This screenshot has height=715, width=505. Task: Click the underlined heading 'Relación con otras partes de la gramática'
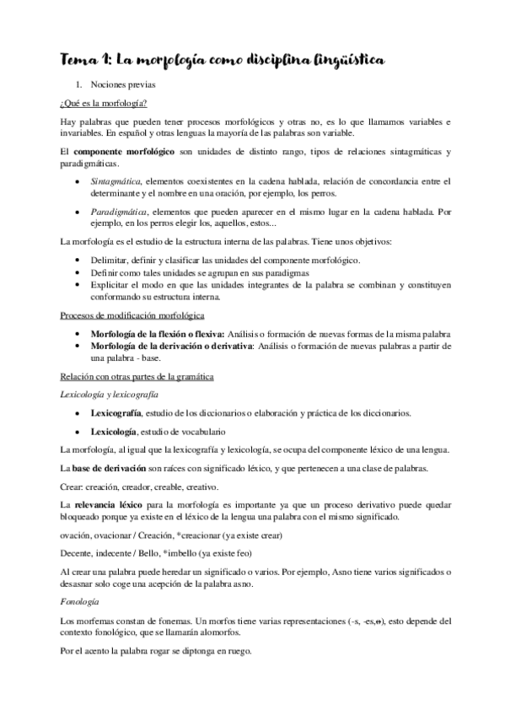tap(138, 376)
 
